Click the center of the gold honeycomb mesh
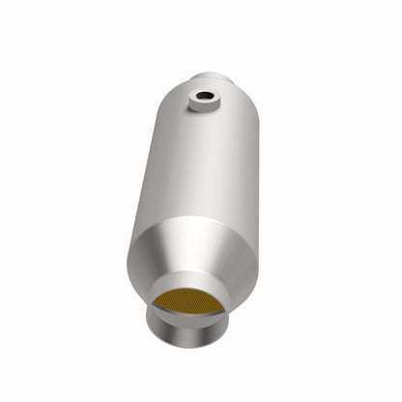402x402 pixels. coord(192,302)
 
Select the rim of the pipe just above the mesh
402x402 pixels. coord(193,285)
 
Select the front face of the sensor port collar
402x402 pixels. coord(206,107)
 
